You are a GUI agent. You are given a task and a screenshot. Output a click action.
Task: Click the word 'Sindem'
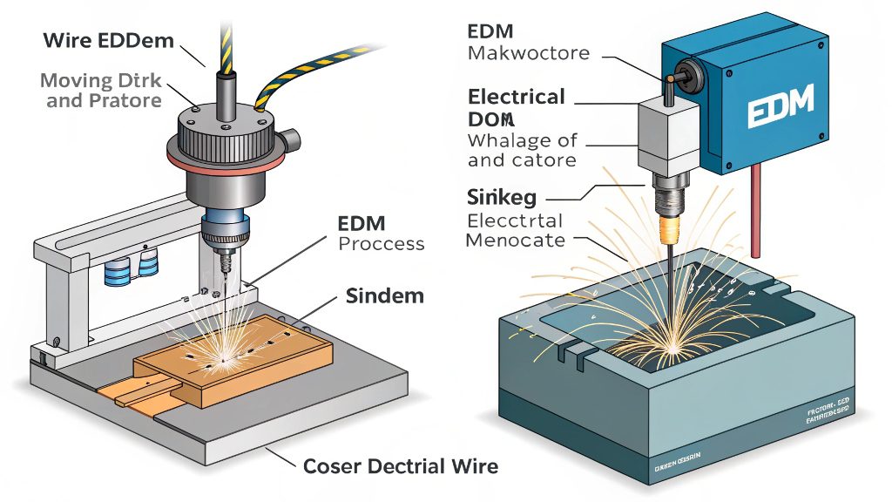tap(384, 295)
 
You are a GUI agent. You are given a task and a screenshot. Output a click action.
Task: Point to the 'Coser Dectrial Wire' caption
tap(401, 466)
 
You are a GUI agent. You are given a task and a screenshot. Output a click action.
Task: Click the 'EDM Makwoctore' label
tap(528, 43)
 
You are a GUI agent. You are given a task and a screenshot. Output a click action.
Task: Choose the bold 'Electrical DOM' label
tap(517, 106)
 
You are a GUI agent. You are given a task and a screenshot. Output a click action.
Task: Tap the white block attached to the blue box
tap(667, 134)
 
